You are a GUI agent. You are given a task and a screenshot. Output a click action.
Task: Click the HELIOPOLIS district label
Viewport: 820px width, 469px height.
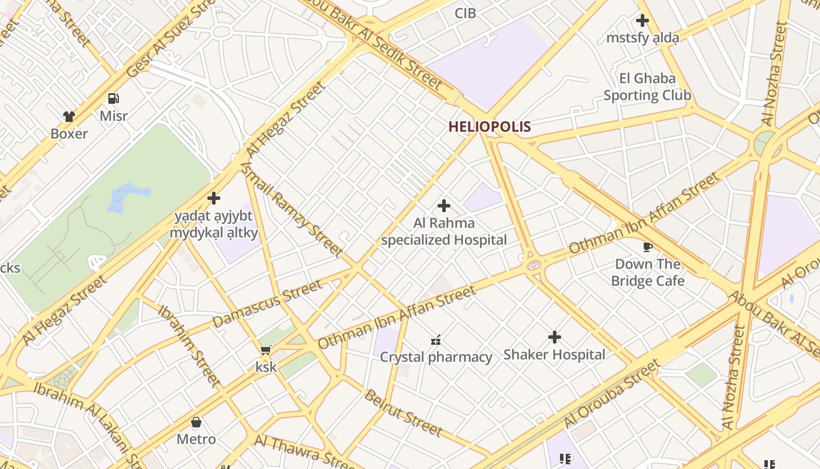(490, 127)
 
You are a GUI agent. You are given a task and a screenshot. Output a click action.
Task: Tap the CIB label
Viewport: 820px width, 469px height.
(465, 13)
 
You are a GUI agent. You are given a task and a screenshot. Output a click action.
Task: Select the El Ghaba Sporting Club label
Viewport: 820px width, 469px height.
(647, 87)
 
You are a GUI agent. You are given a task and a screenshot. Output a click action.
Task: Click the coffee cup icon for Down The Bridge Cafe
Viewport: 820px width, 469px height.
(647, 247)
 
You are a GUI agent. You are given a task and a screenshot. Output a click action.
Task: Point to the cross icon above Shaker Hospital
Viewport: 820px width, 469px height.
(554, 337)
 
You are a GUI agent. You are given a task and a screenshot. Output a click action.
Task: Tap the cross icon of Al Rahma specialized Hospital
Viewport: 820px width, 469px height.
(444, 206)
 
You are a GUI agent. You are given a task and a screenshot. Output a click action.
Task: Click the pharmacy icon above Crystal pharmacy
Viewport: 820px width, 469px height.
(436, 339)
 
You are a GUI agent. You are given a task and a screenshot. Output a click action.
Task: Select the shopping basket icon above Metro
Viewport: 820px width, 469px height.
(196, 422)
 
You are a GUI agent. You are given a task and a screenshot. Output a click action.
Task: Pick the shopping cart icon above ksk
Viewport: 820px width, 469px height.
(265, 351)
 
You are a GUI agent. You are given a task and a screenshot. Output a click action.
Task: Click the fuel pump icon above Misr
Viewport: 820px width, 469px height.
(114, 98)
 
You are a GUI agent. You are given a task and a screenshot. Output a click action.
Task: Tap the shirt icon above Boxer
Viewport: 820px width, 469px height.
(69, 117)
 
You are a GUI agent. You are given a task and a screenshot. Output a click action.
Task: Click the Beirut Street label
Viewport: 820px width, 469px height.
(403, 413)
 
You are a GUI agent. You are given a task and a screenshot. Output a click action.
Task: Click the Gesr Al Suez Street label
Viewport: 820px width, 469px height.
(170, 42)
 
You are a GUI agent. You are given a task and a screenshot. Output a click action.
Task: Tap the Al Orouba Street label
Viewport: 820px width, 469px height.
(612, 395)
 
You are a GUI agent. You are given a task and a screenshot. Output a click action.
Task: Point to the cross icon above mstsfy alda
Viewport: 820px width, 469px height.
(642, 21)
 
